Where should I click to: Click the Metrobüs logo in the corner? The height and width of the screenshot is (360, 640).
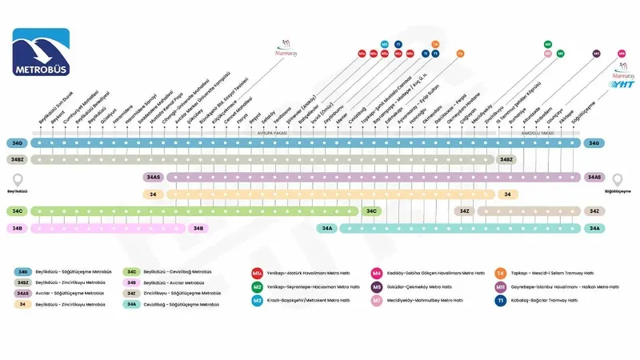41,54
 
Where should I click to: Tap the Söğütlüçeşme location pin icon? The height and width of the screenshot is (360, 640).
617,179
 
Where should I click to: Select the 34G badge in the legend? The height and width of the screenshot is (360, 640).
23,272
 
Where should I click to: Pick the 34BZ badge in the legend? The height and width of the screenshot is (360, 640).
23,282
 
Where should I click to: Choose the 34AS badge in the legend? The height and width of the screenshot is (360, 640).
23,294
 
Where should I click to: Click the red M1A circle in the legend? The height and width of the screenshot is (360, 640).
257,273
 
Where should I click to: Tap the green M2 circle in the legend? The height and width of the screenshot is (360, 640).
257,286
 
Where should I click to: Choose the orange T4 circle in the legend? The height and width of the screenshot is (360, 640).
500,273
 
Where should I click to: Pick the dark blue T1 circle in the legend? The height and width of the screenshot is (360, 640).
500,300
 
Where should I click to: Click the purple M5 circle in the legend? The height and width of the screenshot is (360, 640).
377,286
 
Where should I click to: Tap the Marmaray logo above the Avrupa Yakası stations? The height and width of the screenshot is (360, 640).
287,50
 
